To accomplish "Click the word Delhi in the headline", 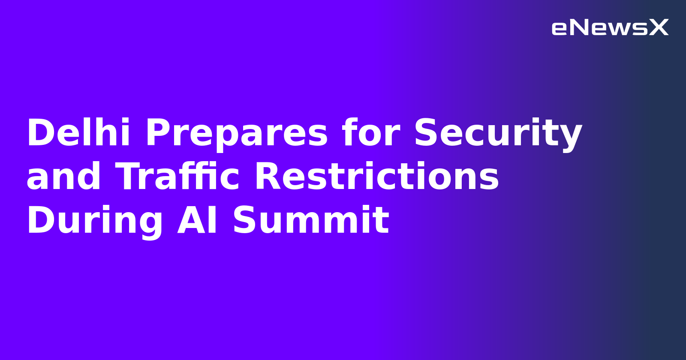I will (78, 133).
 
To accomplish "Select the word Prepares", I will (237, 133).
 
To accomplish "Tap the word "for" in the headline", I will (371, 133).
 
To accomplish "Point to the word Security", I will (498, 133).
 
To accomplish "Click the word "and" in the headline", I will (63, 177).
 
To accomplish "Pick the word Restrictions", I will (377, 177).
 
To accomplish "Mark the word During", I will (95, 221).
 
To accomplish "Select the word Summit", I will (311, 221).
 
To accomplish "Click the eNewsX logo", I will (610, 28).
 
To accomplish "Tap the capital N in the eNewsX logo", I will (579, 28).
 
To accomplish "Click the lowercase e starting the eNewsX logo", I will (559, 29).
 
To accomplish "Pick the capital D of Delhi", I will (39, 133).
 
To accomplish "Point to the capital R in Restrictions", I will (267, 177).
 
